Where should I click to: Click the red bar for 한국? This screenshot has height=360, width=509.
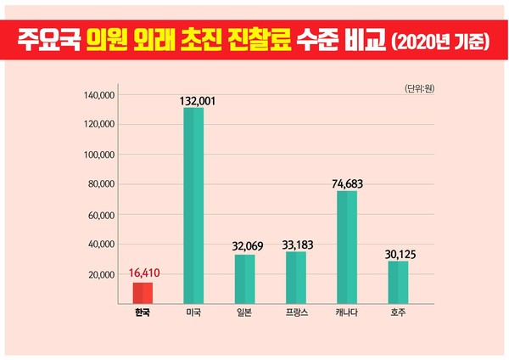coord(143,293)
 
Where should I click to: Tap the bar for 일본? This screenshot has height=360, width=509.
coord(244,278)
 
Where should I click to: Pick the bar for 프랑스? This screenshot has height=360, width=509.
coord(295,277)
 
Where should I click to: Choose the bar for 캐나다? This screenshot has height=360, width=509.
coord(347,247)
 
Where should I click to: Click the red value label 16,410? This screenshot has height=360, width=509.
coord(144,273)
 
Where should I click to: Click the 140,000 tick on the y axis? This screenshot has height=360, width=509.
coord(99,95)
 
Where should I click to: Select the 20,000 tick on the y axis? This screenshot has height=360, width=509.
coord(102,275)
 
